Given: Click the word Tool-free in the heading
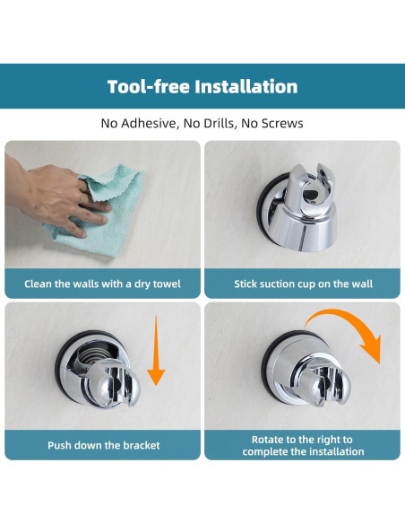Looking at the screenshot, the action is pyautogui.click(x=149, y=86).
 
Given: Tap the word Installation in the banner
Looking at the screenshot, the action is pyautogui.click(x=246, y=86).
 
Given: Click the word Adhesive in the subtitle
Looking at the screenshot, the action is pyautogui.click(x=149, y=123).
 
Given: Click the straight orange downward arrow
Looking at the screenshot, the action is pyautogui.click(x=156, y=350).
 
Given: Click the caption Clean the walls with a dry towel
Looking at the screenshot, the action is pyautogui.click(x=102, y=284).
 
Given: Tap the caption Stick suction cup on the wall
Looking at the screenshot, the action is pyautogui.click(x=303, y=284).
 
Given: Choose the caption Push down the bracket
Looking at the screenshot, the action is pyautogui.click(x=104, y=445).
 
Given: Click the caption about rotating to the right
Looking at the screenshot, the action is pyautogui.click(x=303, y=445).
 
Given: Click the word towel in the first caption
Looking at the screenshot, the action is pyautogui.click(x=166, y=284).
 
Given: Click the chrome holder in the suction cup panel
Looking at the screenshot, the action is pyautogui.click(x=297, y=208).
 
